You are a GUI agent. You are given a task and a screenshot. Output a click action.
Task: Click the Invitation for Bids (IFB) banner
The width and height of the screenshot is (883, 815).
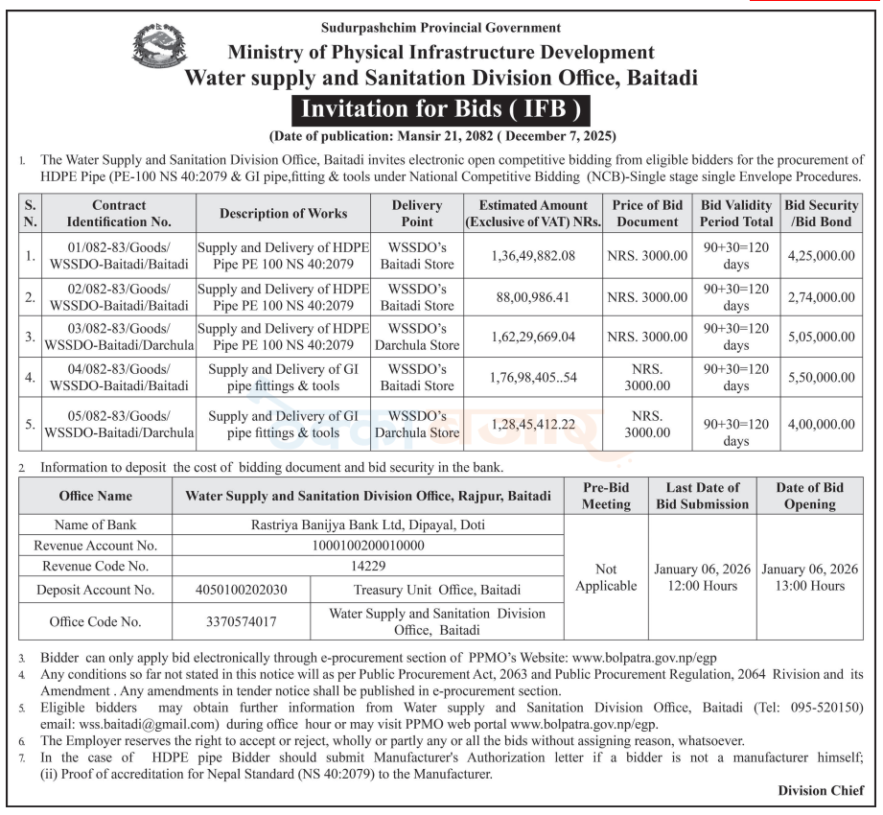click(x=441, y=109)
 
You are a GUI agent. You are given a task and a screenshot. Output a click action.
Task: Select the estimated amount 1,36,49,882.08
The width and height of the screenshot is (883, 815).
click(x=533, y=256)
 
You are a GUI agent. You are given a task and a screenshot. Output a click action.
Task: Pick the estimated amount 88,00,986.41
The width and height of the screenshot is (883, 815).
click(x=533, y=297)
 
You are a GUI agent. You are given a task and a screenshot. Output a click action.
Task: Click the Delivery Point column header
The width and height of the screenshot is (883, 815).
click(x=417, y=213)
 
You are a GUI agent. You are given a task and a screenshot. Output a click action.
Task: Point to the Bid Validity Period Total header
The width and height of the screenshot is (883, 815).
click(x=736, y=213)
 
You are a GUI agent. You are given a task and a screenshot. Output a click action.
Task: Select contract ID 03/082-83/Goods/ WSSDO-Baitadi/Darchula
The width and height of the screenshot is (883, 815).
click(x=119, y=337)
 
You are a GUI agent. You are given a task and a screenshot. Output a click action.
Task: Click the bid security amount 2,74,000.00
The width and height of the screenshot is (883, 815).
click(x=821, y=297)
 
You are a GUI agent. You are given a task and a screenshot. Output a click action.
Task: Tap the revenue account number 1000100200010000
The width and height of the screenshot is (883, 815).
click(x=368, y=546)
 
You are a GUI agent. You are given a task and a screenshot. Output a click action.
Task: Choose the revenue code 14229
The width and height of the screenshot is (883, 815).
click(x=368, y=566)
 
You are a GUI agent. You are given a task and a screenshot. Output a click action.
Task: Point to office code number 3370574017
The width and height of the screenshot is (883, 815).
click(x=241, y=621)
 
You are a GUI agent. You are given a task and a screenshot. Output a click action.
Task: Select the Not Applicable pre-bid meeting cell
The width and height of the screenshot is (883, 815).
click(x=606, y=577)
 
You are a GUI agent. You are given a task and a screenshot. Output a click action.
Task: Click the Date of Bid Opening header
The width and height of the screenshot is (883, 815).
click(x=810, y=496)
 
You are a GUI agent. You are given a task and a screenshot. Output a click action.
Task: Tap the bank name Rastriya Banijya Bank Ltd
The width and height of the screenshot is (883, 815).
click(x=368, y=524)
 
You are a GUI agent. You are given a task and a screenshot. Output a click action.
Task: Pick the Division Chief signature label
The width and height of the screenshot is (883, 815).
click(x=821, y=790)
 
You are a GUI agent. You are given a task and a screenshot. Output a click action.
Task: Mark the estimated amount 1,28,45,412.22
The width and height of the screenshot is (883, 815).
click(x=533, y=424)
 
